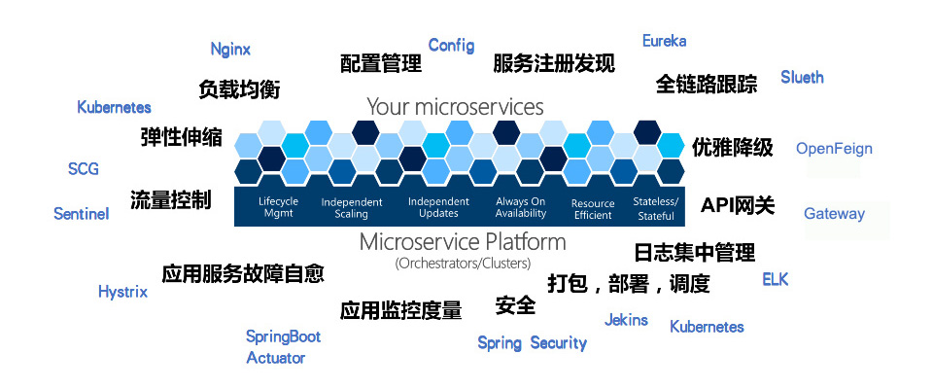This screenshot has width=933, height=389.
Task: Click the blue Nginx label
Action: click(x=230, y=50)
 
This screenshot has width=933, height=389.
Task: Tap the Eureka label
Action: click(x=664, y=41)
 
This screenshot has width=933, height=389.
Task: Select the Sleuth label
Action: click(x=802, y=78)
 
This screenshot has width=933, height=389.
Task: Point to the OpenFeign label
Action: click(x=834, y=149)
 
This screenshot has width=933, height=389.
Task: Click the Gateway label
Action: click(x=834, y=214)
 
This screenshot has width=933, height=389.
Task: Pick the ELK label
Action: click(x=776, y=279)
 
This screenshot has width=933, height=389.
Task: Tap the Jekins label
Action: click(x=626, y=320)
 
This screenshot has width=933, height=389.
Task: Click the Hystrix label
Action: click(x=122, y=293)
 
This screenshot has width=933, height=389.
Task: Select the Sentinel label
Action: click(x=82, y=214)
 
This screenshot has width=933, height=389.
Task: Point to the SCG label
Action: click(x=84, y=169)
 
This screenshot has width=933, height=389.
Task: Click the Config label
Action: click(x=452, y=46)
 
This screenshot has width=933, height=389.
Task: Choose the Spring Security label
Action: click(x=532, y=343)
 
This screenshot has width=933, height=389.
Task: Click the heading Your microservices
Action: click(x=455, y=107)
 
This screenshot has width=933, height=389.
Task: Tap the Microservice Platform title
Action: click(x=463, y=242)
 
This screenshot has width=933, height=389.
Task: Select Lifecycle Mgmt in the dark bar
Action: click(x=279, y=207)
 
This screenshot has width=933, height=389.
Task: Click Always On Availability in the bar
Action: click(x=521, y=207)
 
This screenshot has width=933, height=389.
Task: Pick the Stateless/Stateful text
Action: click(x=655, y=208)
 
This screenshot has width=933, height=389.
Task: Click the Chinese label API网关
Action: click(x=738, y=205)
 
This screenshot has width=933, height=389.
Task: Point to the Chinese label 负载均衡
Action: click(x=239, y=89)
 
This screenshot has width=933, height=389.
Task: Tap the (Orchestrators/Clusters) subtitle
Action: click(x=463, y=263)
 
